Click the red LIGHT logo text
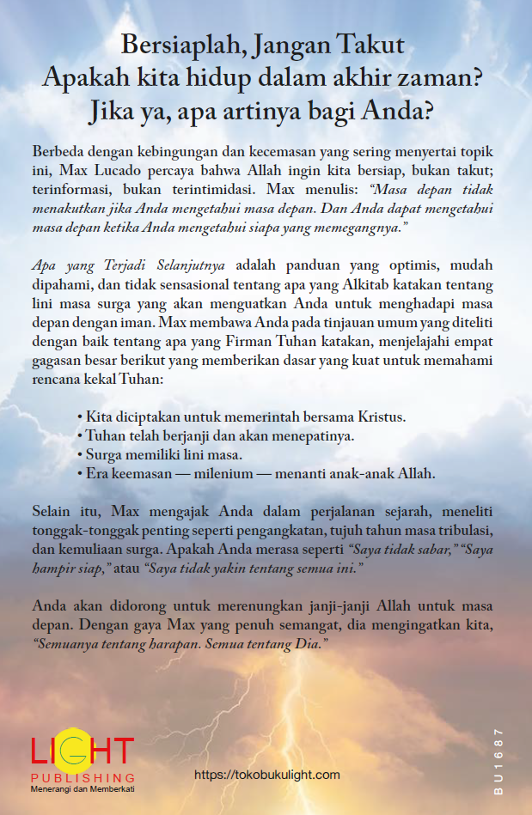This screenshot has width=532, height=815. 83,751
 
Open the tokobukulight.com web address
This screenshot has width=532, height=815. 267,775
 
